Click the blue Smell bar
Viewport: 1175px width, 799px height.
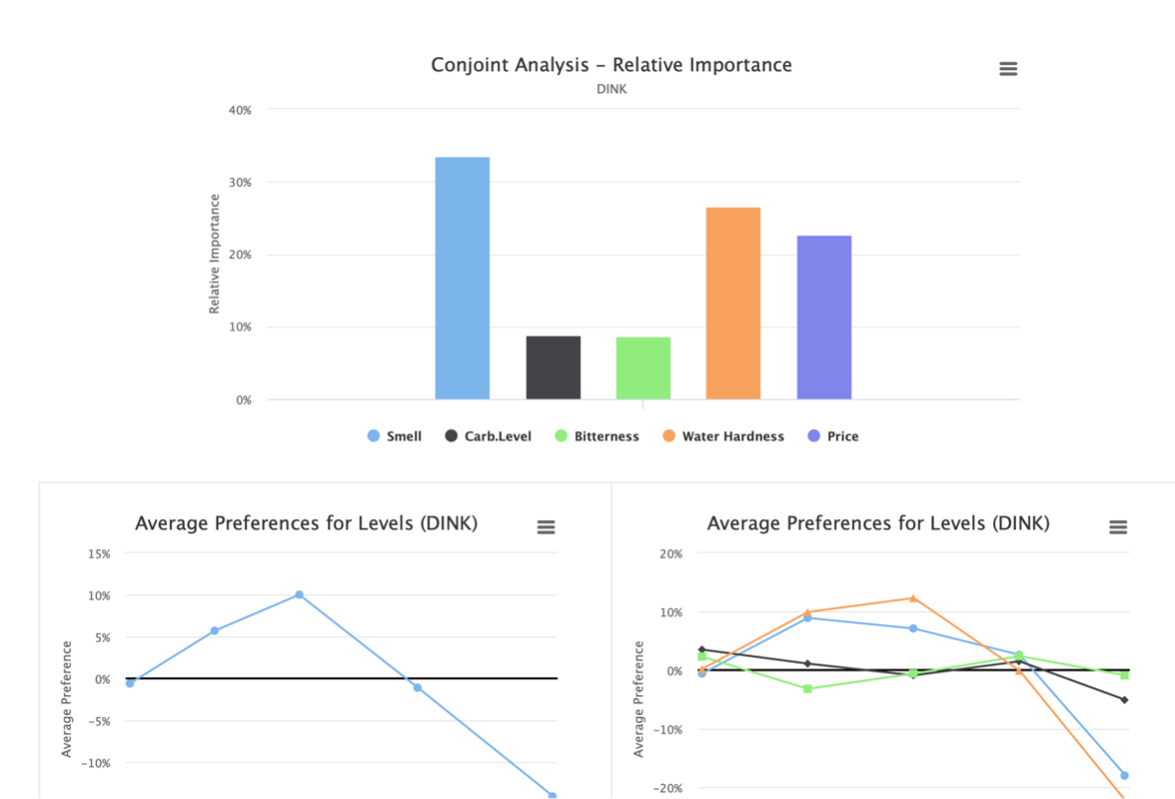point(462,278)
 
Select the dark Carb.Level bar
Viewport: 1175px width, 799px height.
point(553,368)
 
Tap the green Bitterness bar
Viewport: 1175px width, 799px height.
point(643,368)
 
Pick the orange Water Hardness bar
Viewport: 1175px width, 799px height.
point(733,303)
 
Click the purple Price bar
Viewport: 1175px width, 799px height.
point(824,316)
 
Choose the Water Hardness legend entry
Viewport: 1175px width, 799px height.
point(723,436)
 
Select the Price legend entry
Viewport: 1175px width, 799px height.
point(833,436)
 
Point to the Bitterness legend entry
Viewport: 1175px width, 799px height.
point(597,436)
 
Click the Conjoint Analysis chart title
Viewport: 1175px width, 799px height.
point(612,65)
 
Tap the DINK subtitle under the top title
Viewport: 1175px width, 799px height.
point(612,89)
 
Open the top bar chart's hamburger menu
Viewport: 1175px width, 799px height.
point(1008,69)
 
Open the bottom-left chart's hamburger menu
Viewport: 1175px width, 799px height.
point(546,528)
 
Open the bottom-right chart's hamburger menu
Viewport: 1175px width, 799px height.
point(1118,528)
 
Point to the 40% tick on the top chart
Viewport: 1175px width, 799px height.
point(240,110)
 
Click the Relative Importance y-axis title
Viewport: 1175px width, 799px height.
point(214,254)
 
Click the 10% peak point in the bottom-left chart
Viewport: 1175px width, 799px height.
point(299,595)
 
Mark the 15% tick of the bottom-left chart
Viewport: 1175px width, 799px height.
point(99,554)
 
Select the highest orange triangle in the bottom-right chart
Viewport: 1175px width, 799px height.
point(913,598)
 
